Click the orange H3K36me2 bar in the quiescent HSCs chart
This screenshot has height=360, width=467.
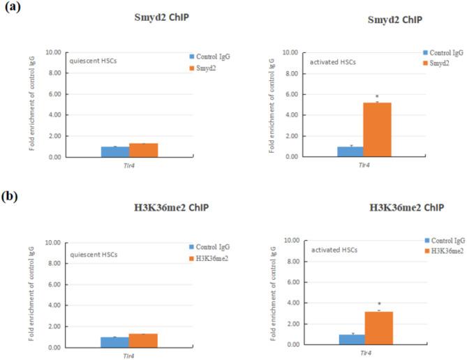pyautogui.click(x=143, y=340)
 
